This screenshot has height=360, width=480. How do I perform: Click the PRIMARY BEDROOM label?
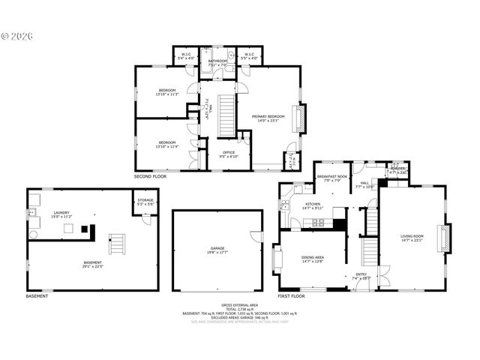[268, 117]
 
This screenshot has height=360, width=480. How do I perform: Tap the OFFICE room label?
[229, 154]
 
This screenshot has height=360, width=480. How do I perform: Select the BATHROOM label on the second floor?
[217, 63]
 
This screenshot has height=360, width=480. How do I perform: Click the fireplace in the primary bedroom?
[303, 118]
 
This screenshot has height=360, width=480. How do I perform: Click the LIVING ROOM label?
[412, 238]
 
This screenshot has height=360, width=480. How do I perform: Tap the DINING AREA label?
[312, 258]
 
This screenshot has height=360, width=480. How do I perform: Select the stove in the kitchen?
[318, 222]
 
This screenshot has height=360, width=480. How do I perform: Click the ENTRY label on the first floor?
[361, 275]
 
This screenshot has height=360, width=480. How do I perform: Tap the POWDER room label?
[397, 170]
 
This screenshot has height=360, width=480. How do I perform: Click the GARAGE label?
[217, 250]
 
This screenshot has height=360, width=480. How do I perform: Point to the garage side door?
[263, 234]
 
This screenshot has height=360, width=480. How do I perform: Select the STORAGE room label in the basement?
[145, 202]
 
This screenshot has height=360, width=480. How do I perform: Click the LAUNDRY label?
[61, 214]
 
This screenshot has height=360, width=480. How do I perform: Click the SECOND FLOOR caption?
[150, 177]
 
